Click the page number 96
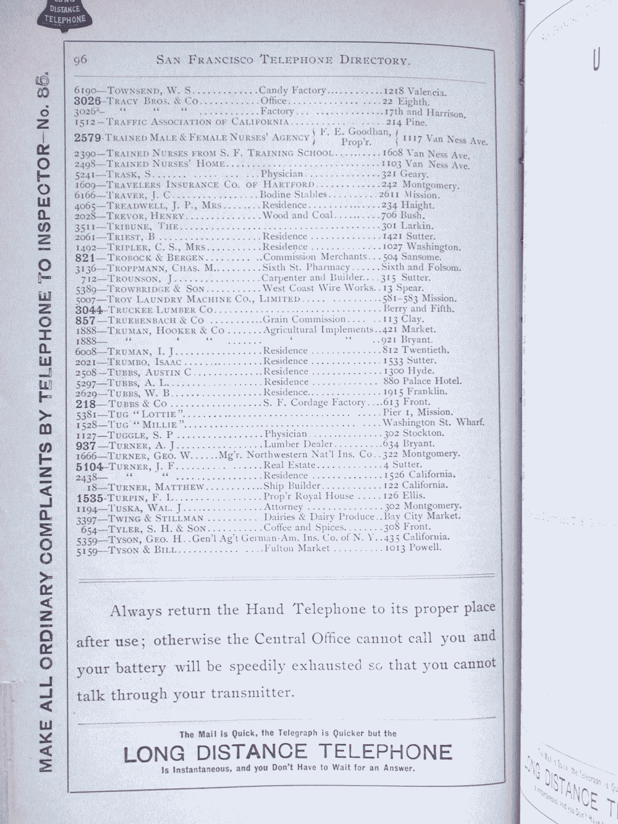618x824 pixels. coord(80,59)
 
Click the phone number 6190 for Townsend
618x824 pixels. coord(83,90)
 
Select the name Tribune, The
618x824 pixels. coord(143,226)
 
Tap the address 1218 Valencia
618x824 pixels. coord(415,91)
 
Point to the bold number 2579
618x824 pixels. coord(87,137)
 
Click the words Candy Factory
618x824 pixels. coord(292,90)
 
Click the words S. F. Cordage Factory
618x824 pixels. coord(315,402)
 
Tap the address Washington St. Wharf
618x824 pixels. coord(433,423)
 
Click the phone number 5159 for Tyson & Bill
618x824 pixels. coord(84,550)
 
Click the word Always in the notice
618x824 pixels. coord(135,611)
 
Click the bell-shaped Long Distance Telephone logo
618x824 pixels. coord(64,12)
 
